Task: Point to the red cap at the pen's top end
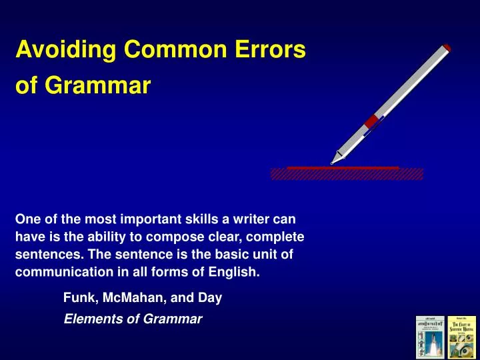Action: point(446,47)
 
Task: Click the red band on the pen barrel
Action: point(372,121)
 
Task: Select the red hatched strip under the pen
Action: point(347,173)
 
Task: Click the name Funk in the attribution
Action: point(77,299)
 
